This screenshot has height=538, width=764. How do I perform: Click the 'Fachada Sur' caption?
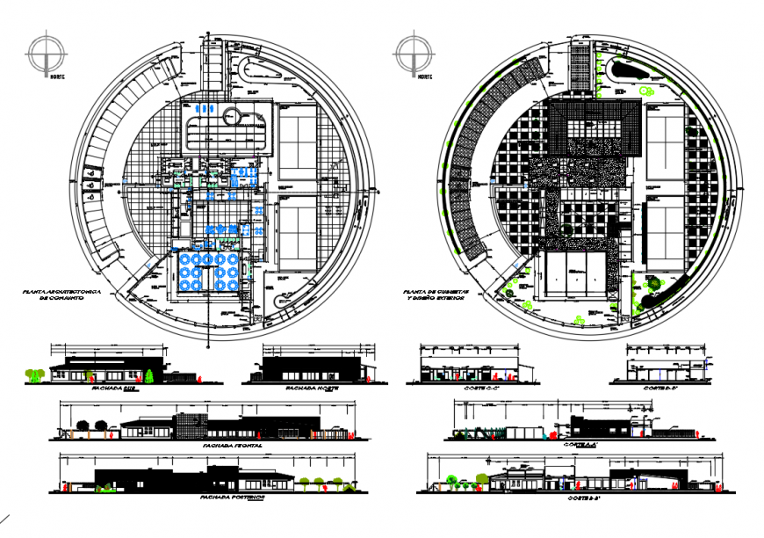pos(108,389)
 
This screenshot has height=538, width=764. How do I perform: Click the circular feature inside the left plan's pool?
pos(232,115)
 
